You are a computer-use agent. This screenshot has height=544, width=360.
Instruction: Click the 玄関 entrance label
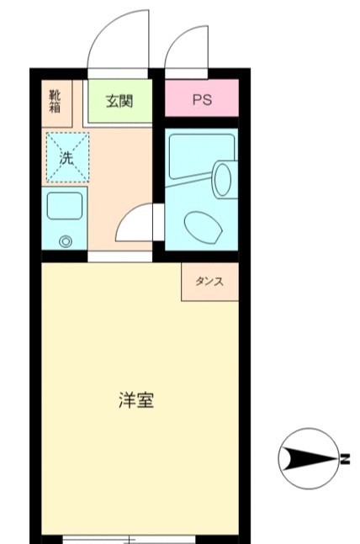(119, 101)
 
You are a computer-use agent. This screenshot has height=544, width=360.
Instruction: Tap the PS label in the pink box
(202, 101)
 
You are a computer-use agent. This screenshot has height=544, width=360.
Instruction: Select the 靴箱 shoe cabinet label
(55, 100)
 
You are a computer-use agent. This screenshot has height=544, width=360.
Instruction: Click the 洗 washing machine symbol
(66, 157)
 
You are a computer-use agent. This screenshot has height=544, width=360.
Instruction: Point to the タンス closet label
(209, 282)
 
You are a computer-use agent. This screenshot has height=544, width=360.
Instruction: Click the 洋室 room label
(135, 400)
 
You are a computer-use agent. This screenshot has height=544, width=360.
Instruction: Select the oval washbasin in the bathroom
(223, 179)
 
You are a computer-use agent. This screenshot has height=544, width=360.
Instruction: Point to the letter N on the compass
(344, 459)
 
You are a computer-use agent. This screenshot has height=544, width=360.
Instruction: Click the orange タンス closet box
(209, 282)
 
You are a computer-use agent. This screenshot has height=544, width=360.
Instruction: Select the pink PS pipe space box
(202, 100)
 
